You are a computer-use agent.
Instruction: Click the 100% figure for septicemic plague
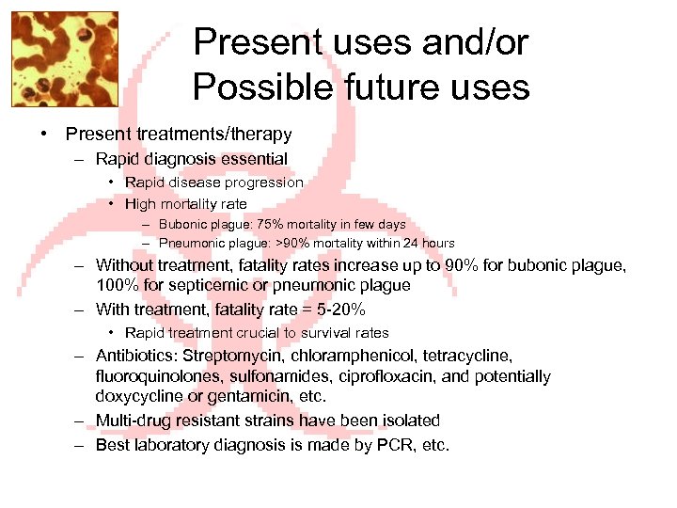(x=117, y=285)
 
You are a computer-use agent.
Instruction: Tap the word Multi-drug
(x=134, y=421)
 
